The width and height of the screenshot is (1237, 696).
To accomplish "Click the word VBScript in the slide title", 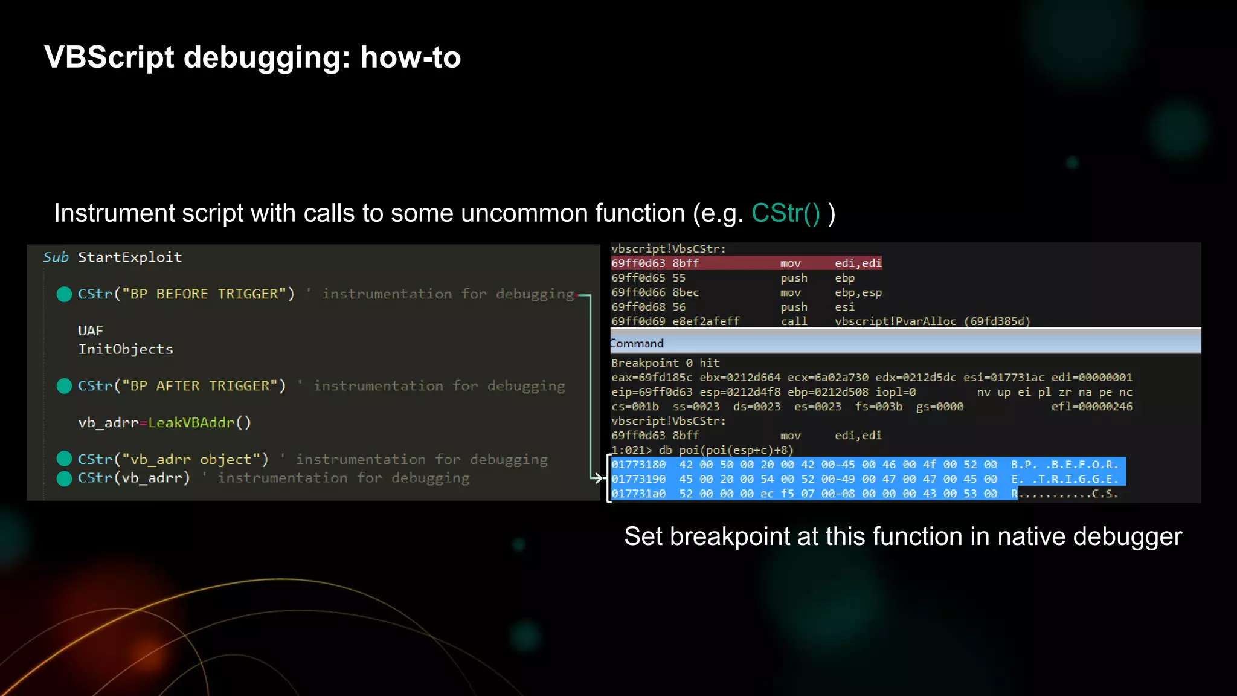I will tap(109, 58).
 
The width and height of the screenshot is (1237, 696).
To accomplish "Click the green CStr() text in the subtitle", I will tap(785, 213).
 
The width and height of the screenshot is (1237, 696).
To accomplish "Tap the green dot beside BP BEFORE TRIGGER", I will tap(64, 294).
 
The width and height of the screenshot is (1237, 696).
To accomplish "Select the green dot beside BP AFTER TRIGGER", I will tap(64, 386).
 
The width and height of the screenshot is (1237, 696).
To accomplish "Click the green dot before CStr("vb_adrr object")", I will tap(64, 459).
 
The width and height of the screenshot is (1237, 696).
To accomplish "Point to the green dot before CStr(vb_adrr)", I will tap(64, 478).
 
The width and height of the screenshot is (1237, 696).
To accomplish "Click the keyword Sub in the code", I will tap(56, 257).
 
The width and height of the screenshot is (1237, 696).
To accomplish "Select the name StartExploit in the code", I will tap(130, 257).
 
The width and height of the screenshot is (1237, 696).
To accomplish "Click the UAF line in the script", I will tap(91, 331).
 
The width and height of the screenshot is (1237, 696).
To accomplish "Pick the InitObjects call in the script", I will tap(126, 349).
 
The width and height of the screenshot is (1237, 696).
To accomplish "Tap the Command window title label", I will tap(637, 344).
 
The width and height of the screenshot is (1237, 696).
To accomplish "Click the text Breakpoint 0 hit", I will tap(665, 363).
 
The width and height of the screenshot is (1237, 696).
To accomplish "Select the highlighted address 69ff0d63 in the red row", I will tap(638, 263).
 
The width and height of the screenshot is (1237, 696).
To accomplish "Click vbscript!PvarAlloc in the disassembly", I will tap(895, 321).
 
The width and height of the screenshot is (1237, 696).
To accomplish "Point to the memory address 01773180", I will tap(638, 465).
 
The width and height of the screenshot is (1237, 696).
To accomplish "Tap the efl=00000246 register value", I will tap(1091, 407).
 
